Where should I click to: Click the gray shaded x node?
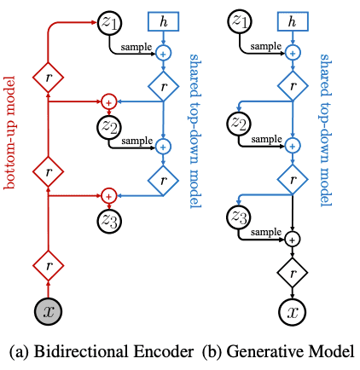pos(48,311)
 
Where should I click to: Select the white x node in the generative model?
pos(293,311)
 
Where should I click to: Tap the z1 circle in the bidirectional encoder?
pos(109,23)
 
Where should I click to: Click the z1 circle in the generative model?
pos(240,21)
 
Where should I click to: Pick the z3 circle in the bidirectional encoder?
pos(109,221)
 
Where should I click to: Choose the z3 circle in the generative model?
pos(239,217)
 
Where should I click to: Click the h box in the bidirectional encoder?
pos(163,21)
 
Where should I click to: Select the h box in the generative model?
pos(293,21)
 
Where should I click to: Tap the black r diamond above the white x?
pos(293,273)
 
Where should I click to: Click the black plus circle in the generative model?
pos(293,240)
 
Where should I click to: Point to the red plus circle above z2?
pos(108,101)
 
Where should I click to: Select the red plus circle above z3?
pos(108,196)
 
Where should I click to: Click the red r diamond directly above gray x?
pos(48,266)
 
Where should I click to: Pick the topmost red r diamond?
pos(48,78)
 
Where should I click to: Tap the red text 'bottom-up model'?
pos(9,132)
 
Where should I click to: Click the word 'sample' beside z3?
pos(266,233)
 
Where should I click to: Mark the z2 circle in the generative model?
pos(239,124)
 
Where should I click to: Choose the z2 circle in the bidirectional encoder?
pos(109,126)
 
